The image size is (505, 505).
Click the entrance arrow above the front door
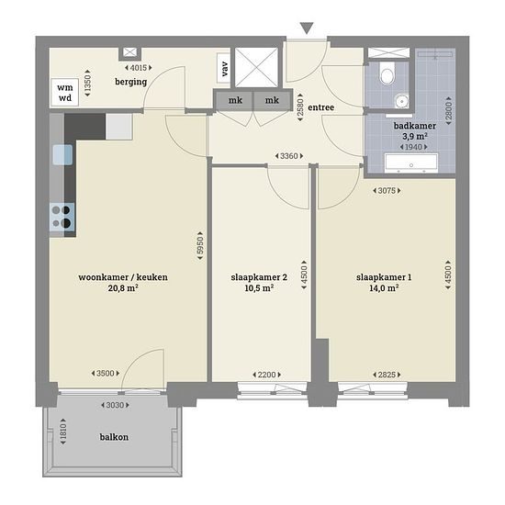coord(307,28)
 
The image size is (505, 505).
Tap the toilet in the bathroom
coord(387,73)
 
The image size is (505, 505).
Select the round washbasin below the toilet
coord(401,101)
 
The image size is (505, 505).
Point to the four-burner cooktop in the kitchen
coord(62,217)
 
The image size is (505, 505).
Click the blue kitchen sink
coord(62,154)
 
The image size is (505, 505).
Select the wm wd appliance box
coord(65,93)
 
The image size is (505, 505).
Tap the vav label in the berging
coord(224,69)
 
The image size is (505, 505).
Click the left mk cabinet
coord(235,100)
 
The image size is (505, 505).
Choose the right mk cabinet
coord(272,100)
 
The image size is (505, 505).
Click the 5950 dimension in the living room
coord(200,246)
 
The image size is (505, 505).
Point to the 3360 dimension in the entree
coord(289,156)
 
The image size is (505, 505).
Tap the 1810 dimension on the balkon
coord(63,432)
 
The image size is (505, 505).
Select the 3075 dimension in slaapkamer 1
coord(387,191)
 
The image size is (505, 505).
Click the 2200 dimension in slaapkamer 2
coord(266,375)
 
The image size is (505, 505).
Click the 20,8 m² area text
coord(123,288)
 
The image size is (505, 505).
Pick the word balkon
coord(114,437)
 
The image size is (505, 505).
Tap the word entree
coord(320,107)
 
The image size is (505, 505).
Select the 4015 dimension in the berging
coord(138,68)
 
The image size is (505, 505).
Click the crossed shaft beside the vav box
coord(256,67)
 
